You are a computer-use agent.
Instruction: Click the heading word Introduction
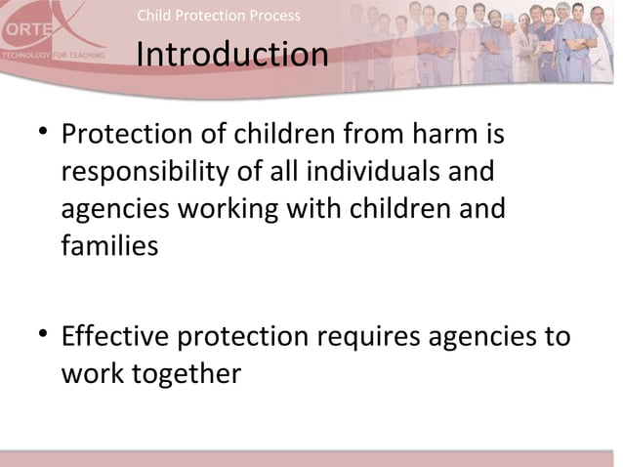[231, 56]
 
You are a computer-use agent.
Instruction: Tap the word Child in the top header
[153, 16]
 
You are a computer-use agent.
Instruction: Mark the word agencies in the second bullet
[481, 337]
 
